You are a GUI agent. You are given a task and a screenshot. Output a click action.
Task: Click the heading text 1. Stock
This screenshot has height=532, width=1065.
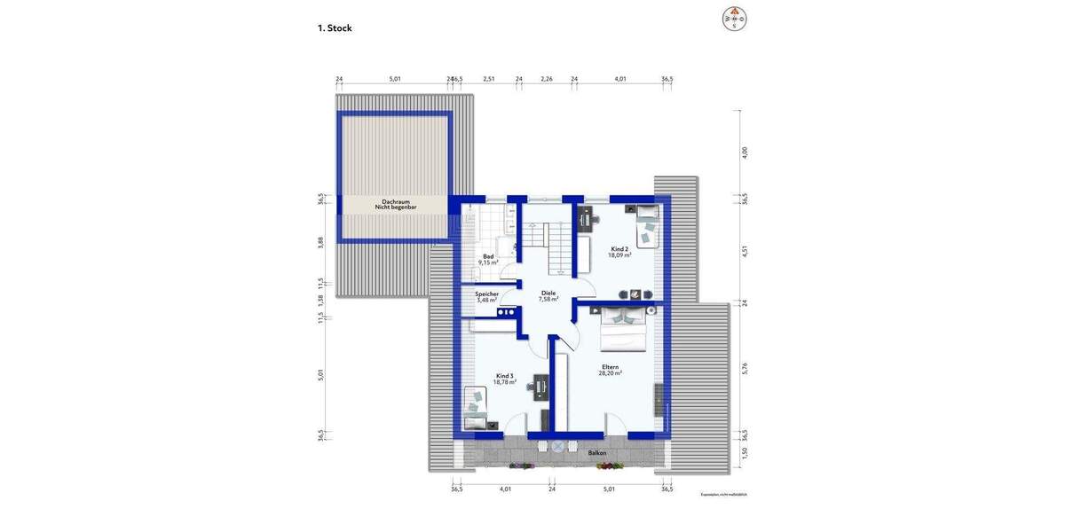335,28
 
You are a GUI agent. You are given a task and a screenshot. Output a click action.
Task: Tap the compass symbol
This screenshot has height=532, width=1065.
735,18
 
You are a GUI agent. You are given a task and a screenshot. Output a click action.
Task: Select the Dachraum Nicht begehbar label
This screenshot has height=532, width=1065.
396,204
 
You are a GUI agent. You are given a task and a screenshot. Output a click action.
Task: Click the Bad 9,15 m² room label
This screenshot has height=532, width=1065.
488,259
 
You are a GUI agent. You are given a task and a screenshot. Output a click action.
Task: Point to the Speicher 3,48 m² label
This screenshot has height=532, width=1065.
486,297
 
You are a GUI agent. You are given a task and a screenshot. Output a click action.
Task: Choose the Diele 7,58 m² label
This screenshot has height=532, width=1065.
548,296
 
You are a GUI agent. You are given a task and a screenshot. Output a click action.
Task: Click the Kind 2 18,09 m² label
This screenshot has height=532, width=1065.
619,252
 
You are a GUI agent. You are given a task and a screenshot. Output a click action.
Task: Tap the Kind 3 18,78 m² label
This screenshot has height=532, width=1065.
505,379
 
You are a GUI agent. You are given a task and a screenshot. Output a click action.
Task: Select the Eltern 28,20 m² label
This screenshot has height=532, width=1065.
610,370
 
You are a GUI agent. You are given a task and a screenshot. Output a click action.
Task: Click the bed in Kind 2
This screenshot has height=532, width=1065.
646,222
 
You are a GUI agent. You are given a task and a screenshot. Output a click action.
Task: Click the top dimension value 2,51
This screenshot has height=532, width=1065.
488,79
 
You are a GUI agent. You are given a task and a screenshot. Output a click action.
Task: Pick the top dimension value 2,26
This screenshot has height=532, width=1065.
547,79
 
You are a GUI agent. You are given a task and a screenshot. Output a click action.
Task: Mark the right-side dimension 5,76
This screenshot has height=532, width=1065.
745,369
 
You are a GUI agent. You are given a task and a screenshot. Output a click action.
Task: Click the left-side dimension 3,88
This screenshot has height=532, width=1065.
320,241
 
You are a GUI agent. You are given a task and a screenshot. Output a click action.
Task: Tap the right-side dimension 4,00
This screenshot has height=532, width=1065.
745,153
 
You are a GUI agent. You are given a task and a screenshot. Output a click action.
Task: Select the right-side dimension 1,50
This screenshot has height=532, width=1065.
745,454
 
